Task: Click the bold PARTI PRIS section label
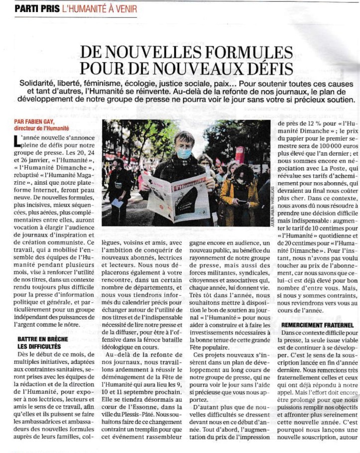tap(36, 9)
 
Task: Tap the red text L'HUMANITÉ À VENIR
tap(98, 9)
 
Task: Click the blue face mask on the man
tap(184, 153)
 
